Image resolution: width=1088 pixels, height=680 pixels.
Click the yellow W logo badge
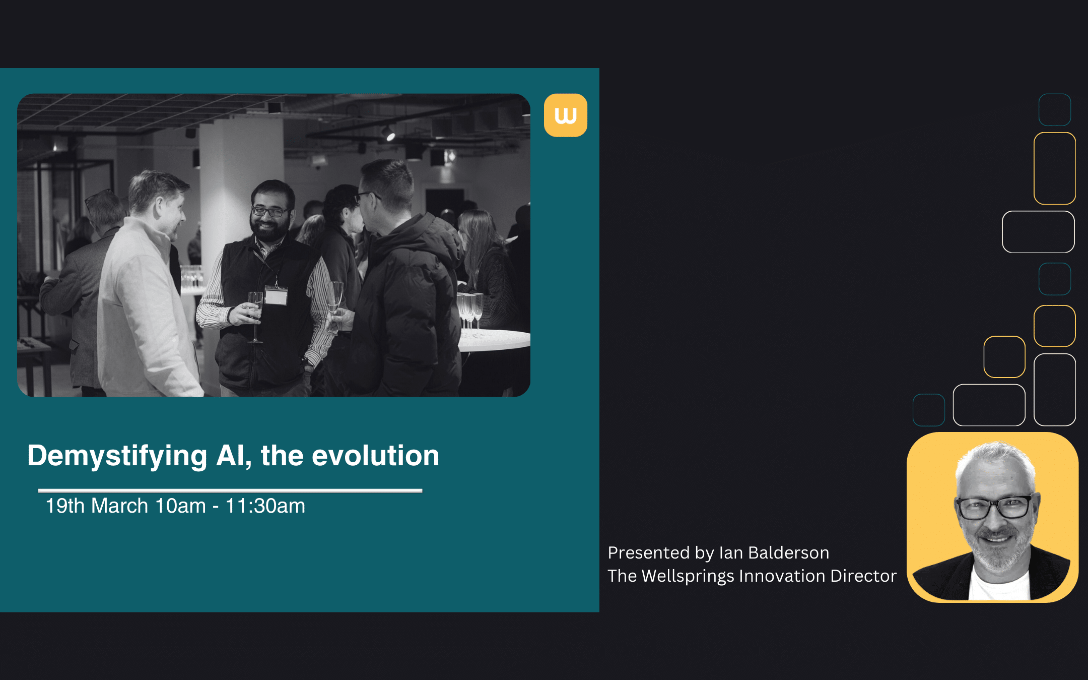coord(565,115)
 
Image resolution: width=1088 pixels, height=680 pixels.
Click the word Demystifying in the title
coord(117,456)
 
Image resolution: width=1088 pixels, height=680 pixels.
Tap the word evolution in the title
coord(375,456)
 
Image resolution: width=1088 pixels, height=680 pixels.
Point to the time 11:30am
coord(265,506)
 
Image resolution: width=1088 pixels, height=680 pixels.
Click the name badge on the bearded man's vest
coord(276,296)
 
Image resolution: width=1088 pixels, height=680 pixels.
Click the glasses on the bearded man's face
coord(270,211)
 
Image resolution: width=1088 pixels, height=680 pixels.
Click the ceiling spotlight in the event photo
coord(388,133)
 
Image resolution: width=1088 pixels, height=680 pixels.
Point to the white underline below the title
coord(230,490)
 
